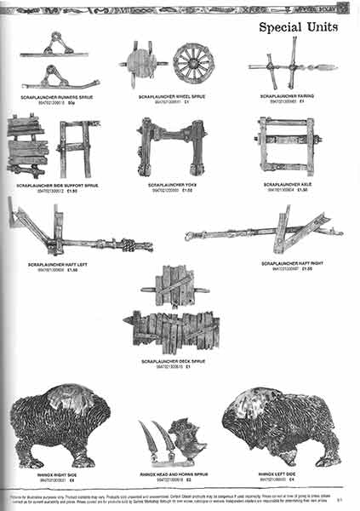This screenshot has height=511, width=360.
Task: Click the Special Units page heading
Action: click(x=298, y=27)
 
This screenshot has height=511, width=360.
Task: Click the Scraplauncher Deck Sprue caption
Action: click(x=174, y=362)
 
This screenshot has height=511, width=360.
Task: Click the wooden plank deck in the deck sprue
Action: click(x=175, y=329)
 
